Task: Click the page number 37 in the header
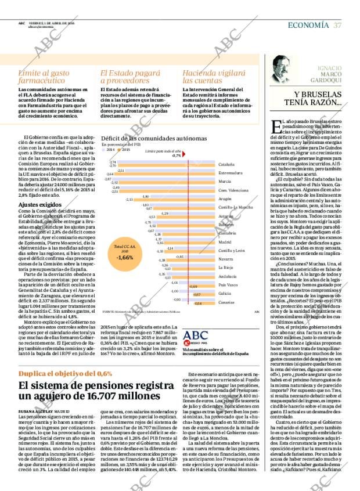tap(337, 25)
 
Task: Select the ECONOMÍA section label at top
tap(309, 25)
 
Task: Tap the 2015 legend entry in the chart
tap(125, 149)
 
